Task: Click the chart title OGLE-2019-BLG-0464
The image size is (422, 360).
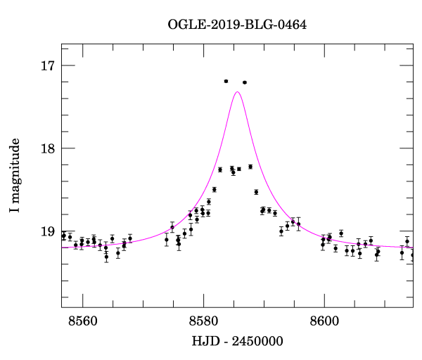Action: [237, 25]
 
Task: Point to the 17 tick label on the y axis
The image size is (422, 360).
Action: [49, 66]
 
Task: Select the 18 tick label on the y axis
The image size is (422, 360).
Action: [49, 148]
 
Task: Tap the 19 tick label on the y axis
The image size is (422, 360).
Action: [49, 231]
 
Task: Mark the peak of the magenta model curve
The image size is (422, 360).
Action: [237, 92]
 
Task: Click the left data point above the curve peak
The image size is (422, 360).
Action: [226, 82]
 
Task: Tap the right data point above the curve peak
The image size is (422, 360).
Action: [245, 82]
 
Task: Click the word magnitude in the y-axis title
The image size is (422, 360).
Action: [15, 169]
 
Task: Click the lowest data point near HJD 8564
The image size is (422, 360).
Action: [106, 257]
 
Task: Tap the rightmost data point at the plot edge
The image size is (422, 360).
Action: [412, 255]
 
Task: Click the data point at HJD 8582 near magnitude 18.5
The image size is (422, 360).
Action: [215, 190]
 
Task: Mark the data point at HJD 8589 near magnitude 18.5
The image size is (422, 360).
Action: [256, 192]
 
